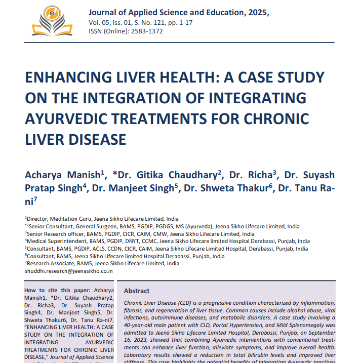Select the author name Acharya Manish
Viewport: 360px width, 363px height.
pos(63,175)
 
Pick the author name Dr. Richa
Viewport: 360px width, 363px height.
pos(251,175)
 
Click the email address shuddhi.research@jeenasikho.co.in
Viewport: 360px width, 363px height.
pos(69,271)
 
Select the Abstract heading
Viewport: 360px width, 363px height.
pos(137,291)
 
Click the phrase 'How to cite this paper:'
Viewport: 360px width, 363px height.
pos(56,290)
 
